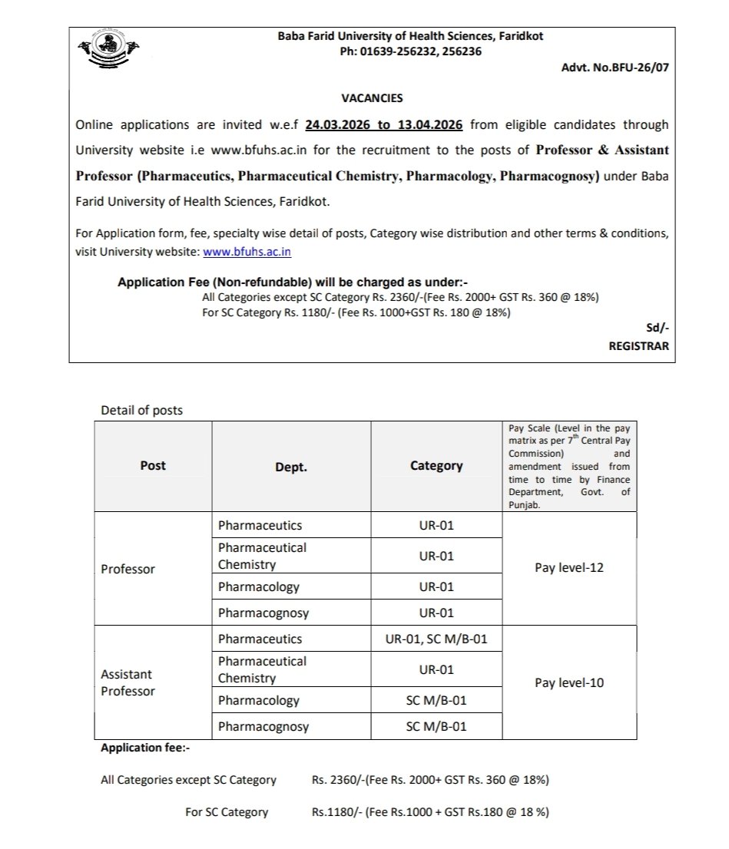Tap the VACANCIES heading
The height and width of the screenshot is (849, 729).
[372, 98]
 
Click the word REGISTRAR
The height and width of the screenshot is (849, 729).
[638, 346]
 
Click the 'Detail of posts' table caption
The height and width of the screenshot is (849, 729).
[142, 411]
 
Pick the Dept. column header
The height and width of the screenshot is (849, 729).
[290, 467]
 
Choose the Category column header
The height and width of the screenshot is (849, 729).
[436, 466]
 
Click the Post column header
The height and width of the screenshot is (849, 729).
[153, 466]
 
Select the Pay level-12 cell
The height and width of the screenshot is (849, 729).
[568, 569]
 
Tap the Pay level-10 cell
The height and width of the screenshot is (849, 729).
[568, 682]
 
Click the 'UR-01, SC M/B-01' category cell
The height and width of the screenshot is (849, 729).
[436, 639]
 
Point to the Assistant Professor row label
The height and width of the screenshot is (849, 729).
[128, 682]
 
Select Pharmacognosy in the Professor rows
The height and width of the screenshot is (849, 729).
[263, 613]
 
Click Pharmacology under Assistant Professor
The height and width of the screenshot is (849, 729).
[258, 701]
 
